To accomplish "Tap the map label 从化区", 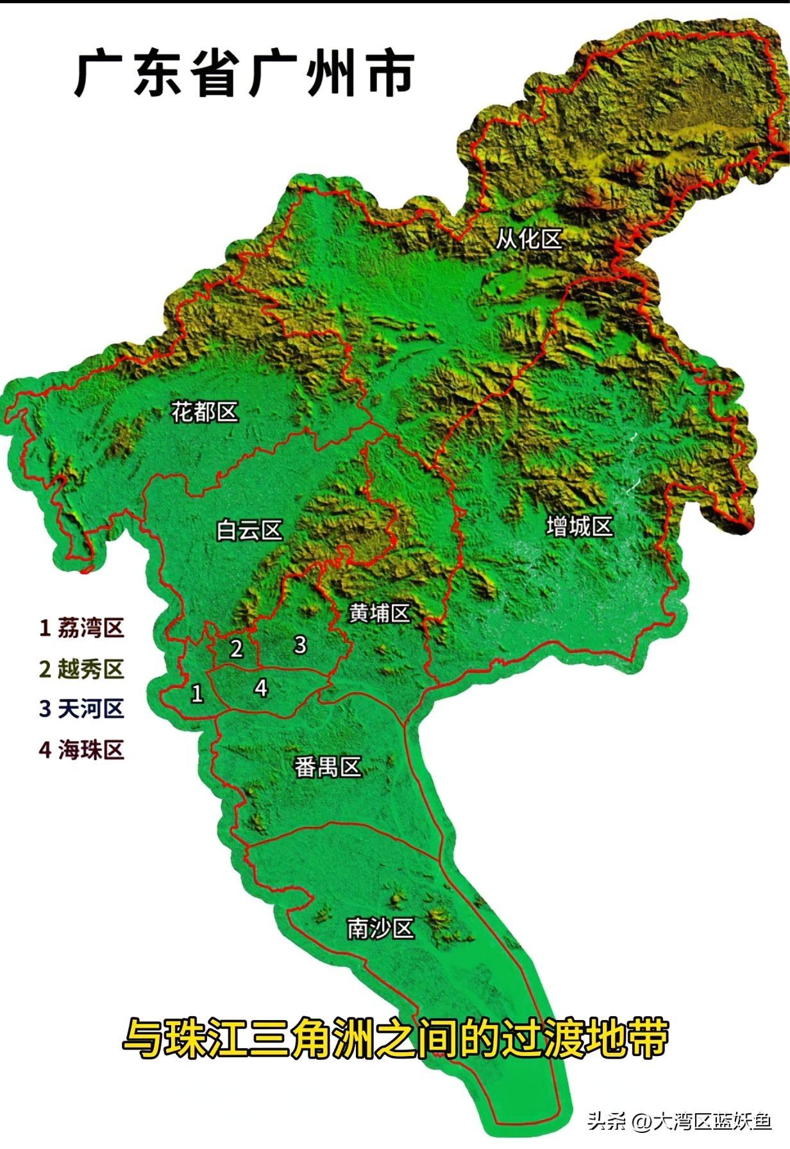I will [528, 239].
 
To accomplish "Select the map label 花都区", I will [205, 412].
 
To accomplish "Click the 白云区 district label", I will [249, 531].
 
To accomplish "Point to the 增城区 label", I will [580, 527].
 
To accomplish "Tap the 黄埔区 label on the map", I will [380, 613].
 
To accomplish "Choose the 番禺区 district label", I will [328, 767].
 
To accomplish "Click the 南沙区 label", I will [380, 928].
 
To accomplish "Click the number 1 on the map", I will [197, 694].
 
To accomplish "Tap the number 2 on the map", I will [237, 649].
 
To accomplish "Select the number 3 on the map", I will [299, 645].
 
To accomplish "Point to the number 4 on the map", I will [260, 688].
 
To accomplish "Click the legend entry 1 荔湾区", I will [81, 628].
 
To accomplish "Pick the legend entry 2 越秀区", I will [81, 669].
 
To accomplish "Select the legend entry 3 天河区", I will [81, 709].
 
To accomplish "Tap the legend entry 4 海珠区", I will [81, 749].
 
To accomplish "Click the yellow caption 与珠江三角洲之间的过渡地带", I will [395, 1037].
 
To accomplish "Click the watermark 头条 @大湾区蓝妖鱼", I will [680, 1121].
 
